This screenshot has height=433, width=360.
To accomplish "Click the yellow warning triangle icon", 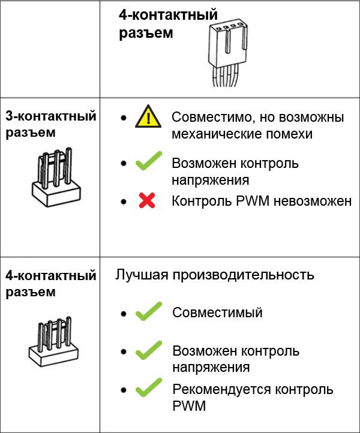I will pos(148,117).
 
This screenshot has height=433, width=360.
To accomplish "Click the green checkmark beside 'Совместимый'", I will pos(149,312).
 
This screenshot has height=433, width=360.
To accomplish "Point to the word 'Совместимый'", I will pos(217,312).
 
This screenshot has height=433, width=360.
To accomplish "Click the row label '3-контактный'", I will pos(50,116).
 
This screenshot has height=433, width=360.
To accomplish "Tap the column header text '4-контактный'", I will pos(168,16).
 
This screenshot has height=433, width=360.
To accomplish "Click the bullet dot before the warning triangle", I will pos(123,118).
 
